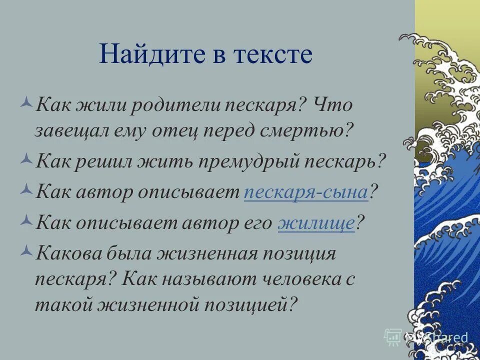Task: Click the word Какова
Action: click(x=68, y=254)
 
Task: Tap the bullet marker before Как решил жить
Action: click(x=27, y=160)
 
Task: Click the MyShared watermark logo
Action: click(x=426, y=337)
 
